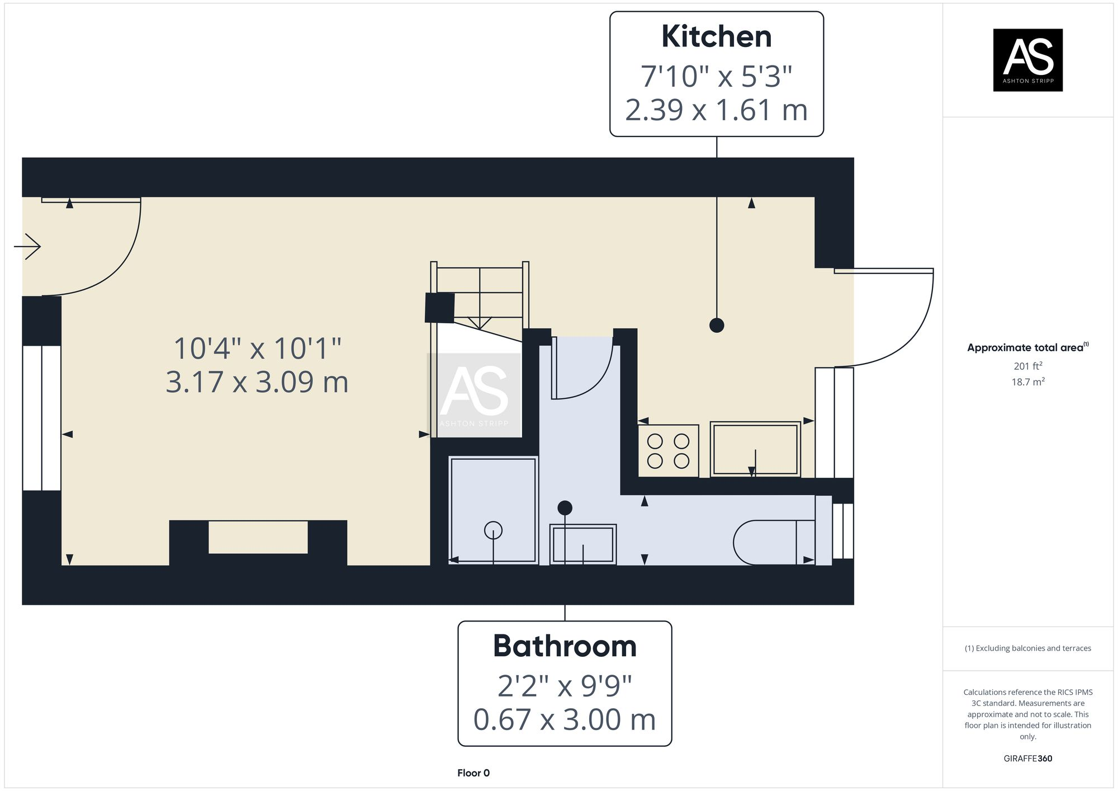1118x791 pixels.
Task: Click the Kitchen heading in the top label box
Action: tap(716, 37)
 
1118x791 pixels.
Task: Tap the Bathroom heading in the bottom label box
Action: tap(565, 646)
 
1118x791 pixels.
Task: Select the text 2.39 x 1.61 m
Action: tap(716, 110)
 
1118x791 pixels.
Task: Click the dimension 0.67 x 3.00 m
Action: tap(565, 719)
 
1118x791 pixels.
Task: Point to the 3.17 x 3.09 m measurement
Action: tap(257, 383)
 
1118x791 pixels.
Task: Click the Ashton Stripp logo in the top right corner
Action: tap(1027, 60)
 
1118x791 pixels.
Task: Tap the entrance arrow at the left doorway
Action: tap(28, 247)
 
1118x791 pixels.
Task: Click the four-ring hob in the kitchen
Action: tap(668, 451)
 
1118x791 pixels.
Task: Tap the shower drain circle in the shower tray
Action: tap(493, 530)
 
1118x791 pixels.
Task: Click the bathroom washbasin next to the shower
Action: tap(583, 544)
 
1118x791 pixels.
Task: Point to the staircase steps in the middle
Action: tap(480, 296)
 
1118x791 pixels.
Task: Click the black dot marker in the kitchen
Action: tap(717, 325)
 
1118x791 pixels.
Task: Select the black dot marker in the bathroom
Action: tap(565, 508)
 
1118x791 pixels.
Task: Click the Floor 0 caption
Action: tap(473, 773)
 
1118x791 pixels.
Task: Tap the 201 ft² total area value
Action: tap(1027, 366)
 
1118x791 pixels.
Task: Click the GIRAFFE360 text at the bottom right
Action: tap(1027, 759)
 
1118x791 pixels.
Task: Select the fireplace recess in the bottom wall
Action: tap(258, 537)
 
